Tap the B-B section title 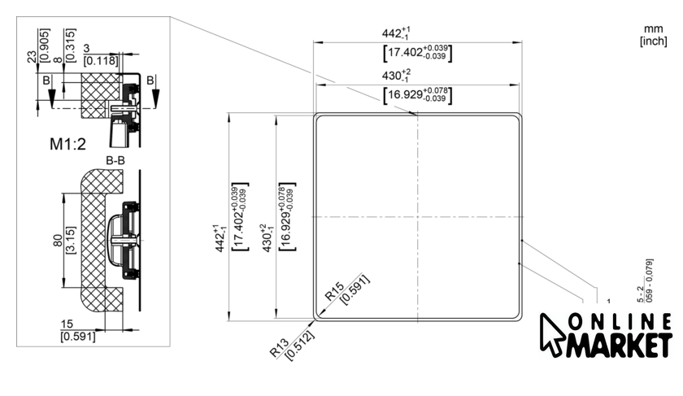(114, 160)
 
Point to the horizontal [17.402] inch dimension (417, 53)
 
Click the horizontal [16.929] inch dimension (417, 95)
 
